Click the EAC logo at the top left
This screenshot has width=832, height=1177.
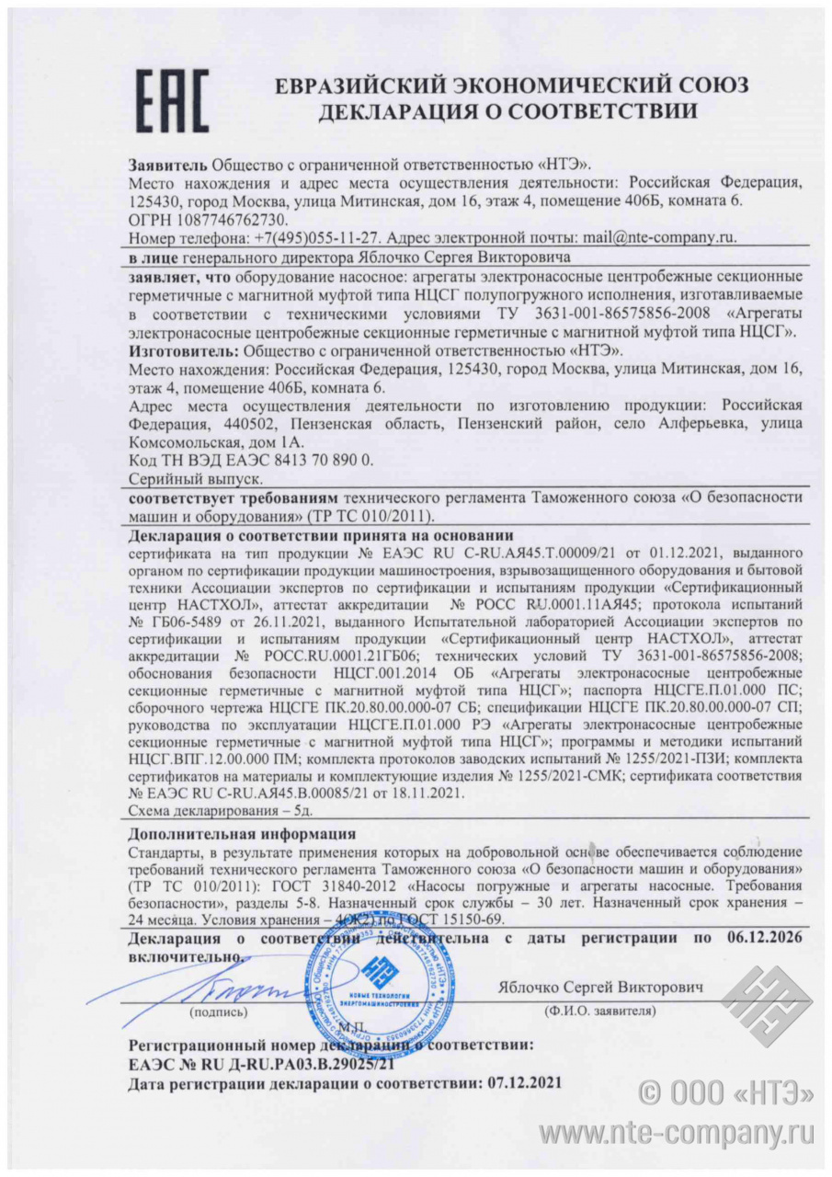172,100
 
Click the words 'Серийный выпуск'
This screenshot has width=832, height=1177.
196,479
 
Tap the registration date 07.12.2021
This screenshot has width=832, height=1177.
516,1083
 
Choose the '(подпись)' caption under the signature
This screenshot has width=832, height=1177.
217,1011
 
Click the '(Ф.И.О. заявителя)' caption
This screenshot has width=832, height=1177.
598,1011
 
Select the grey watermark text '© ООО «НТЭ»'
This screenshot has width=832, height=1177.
726,1092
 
